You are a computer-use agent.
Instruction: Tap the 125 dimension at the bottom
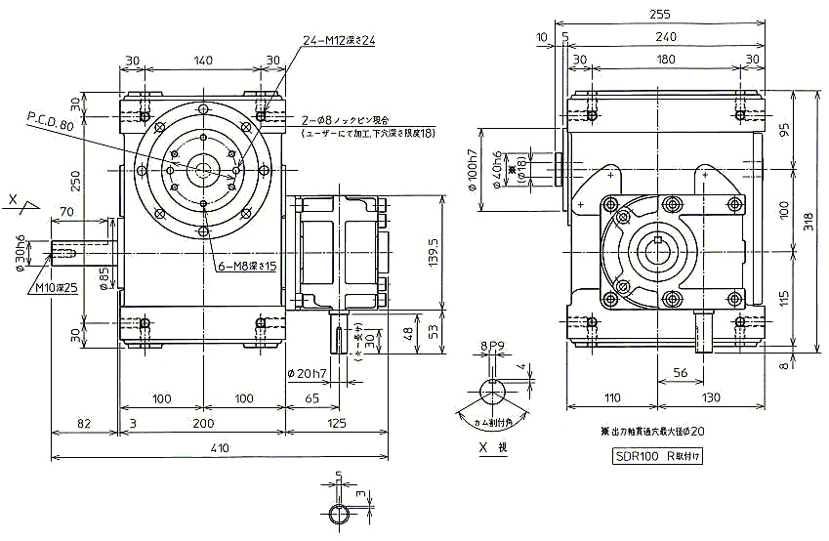(x=336, y=423)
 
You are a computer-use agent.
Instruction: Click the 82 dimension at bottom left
(x=85, y=423)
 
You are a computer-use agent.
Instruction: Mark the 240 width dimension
(x=665, y=36)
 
